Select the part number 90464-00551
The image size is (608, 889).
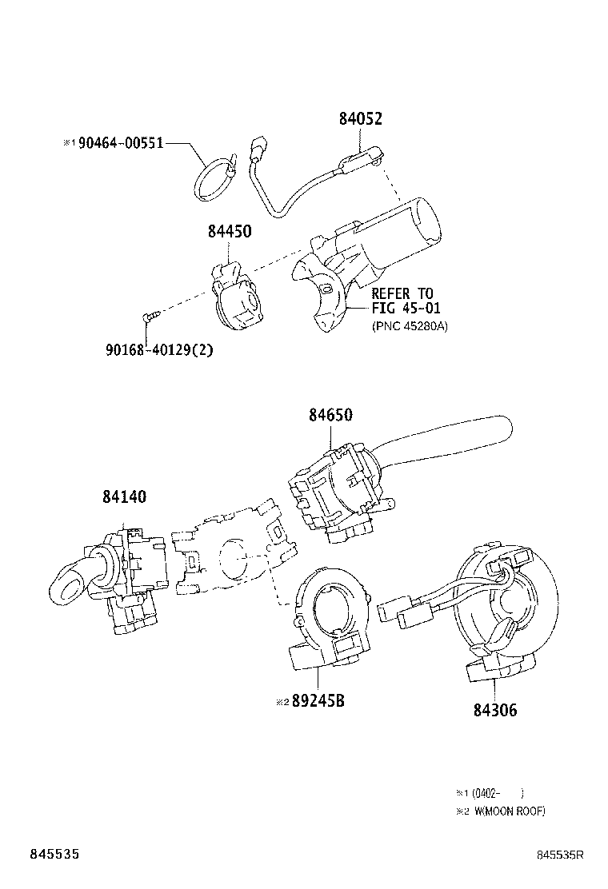click(x=121, y=143)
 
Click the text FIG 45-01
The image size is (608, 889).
click(x=406, y=309)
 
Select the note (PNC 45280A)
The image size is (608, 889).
click(x=409, y=325)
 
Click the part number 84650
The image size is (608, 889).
click(x=330, y=415)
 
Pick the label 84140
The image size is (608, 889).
click(x=124, y=496)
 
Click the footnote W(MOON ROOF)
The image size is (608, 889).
click(x=509, y=811)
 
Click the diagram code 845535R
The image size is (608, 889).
click(x=560, y=855)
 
